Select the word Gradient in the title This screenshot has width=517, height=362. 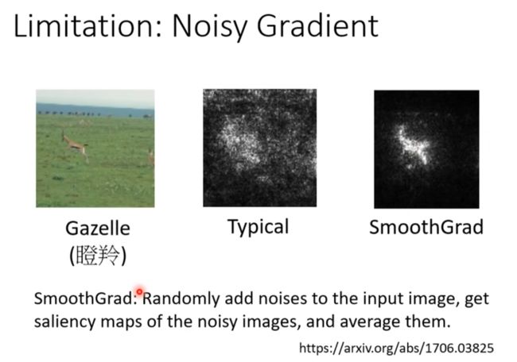(317, 26)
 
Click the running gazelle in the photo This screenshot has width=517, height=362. (75, 145)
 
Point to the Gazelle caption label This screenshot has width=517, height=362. (98, 228)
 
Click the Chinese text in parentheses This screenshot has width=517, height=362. (98, 256)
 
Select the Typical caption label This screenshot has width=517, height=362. (258, 227)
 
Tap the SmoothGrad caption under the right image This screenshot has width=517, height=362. (426, 227)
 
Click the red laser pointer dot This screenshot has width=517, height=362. (139, 291)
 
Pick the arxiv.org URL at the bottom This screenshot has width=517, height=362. (396, 348)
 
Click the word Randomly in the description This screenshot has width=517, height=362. (181, 298)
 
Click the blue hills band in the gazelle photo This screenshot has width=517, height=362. (95, 110)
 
